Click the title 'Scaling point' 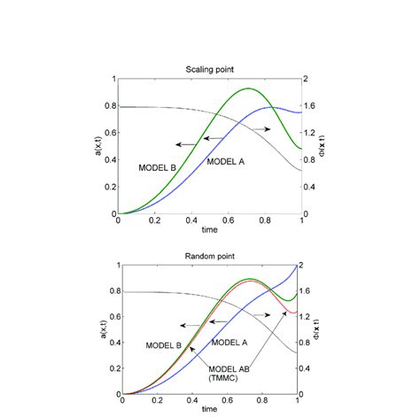point(209,70)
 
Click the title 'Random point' point(210,256)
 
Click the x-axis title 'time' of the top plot point(209,230)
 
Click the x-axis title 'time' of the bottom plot point(210,410)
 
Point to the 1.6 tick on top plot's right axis point(312,106)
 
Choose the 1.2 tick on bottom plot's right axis point(315,316)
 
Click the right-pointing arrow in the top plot point(260,129)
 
